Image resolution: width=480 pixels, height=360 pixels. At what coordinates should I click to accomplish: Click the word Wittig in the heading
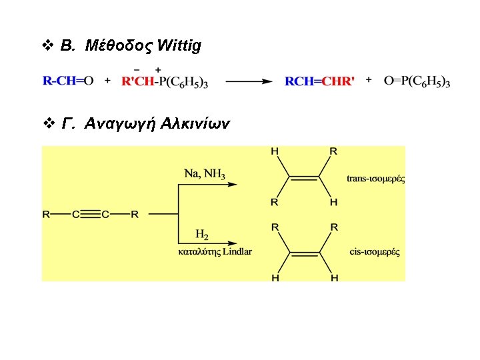(177, 46)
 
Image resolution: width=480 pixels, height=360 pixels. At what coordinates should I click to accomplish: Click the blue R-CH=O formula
(68, 81)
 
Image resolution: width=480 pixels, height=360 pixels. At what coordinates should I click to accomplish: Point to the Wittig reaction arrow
(249, 82)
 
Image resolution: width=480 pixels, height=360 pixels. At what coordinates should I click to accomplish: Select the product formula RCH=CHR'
(319, 81)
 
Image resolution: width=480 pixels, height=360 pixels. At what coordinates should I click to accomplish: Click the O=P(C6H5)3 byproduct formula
(417, 81)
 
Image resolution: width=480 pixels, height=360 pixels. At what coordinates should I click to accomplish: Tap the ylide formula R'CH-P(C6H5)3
(165, 82)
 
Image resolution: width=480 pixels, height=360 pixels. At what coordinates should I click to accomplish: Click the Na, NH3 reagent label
(204, 175)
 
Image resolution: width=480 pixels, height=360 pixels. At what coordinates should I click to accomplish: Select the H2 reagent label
(202, 234)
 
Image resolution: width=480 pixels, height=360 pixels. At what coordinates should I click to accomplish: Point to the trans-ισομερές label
(376, 178)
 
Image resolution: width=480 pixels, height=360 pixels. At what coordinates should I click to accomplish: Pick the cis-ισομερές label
(375, 252)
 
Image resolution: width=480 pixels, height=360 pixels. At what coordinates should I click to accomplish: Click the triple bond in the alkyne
(90, 215)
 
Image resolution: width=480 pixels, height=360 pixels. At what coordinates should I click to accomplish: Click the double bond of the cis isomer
(303, 253)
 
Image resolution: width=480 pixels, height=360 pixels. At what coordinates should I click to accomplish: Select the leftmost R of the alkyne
(46, 215)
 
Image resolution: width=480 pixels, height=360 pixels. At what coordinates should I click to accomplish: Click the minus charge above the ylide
(137, 69)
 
